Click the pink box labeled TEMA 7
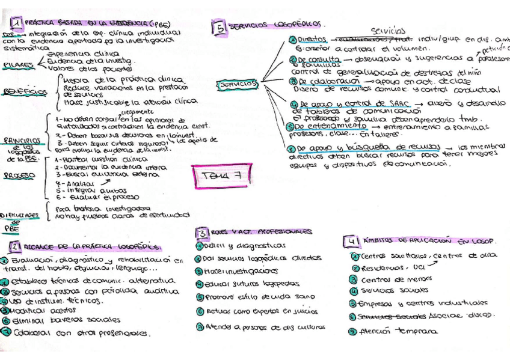coord(218,175)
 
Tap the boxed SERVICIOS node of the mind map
coord(239,85)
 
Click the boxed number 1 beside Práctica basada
coord(18,23)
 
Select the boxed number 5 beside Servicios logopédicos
coord(220,27)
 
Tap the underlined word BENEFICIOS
coord(24,92)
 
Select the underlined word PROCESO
coord(18,176)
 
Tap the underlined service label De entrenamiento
coord(328,128)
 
